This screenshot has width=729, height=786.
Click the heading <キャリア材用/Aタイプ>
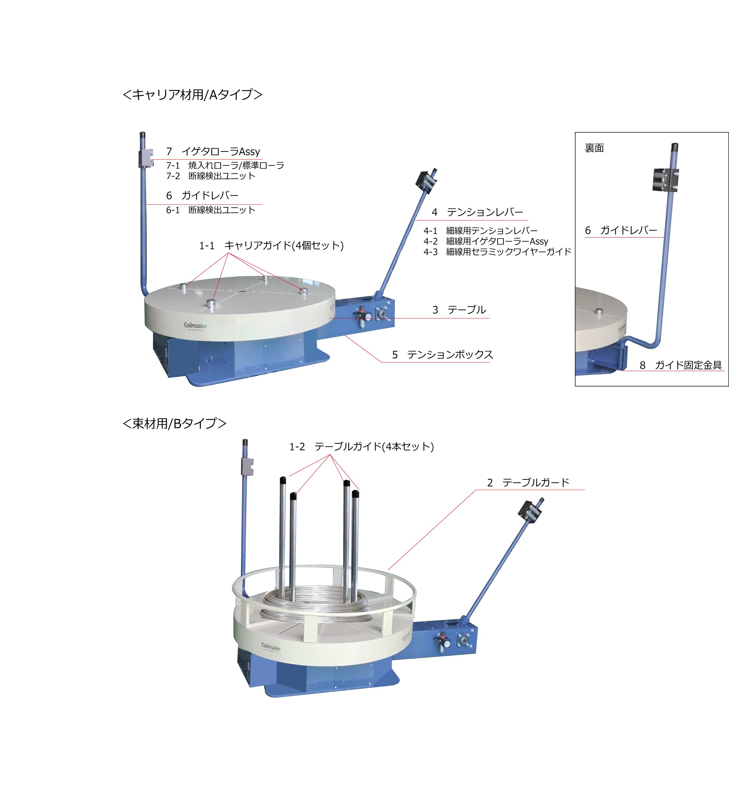(x=193, y=95)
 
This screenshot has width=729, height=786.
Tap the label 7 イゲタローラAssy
(x=213, y=152)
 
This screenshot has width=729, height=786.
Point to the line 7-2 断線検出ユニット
(x=211, y=176)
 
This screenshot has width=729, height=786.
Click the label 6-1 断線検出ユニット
(x=211, y=210)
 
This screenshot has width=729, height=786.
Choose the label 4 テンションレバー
(x=477, y=212)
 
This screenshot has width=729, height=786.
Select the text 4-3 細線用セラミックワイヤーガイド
(x=497, y=252)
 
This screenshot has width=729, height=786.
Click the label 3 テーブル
(x=459, y=310)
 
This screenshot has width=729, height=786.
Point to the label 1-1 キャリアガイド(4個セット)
(x=271, y=245)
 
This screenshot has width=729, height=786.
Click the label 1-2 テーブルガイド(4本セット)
(x=362, y=447)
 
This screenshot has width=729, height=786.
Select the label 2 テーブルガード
(x=528, y=482)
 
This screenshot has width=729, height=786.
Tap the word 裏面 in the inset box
(x=594, y=148)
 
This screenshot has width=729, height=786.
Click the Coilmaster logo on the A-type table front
(x=195, y=326)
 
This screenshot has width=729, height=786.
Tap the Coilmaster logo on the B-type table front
(x=271, y=647)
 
